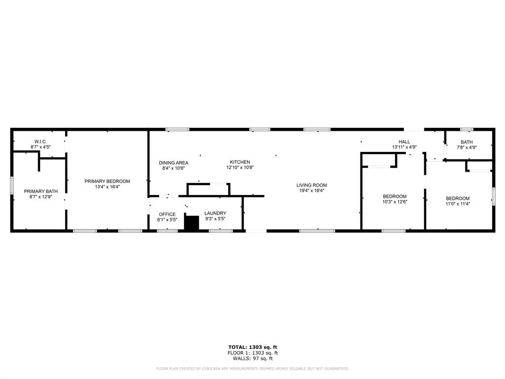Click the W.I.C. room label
pyautogui.click(x=40, y=142)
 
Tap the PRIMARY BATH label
pyautogui.click(x=41, y=191)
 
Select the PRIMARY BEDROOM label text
pyautogui.click(x=107, y=181)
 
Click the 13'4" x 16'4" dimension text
pyautogui.click(x=107, y=187)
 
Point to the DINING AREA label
pyautogui.click(x=173, y=163)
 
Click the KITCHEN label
pyautogui.click(x=240, y=162)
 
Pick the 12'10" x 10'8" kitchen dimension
pyautogui.click(x=240, y=168)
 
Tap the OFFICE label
pyautogui.click(x=167, y=214)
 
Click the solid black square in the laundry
pyautogui.click(x=191, y=223)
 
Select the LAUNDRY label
pyautogui.click(x=215, y=213)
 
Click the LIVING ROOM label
pyautogui.click(x=311, y=185)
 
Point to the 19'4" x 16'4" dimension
pyautogui.click(x=311, y=191)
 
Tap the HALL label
pyautogui.click(x=404, y=142)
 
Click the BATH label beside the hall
pyautogui.click(x=467, y=142)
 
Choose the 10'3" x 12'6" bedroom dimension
pyautogui.click(x=395, y=202)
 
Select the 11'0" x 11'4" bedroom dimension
pyautogui.click(x=458, y=204)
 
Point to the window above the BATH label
pyautogui.click(x=467, y=129)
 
